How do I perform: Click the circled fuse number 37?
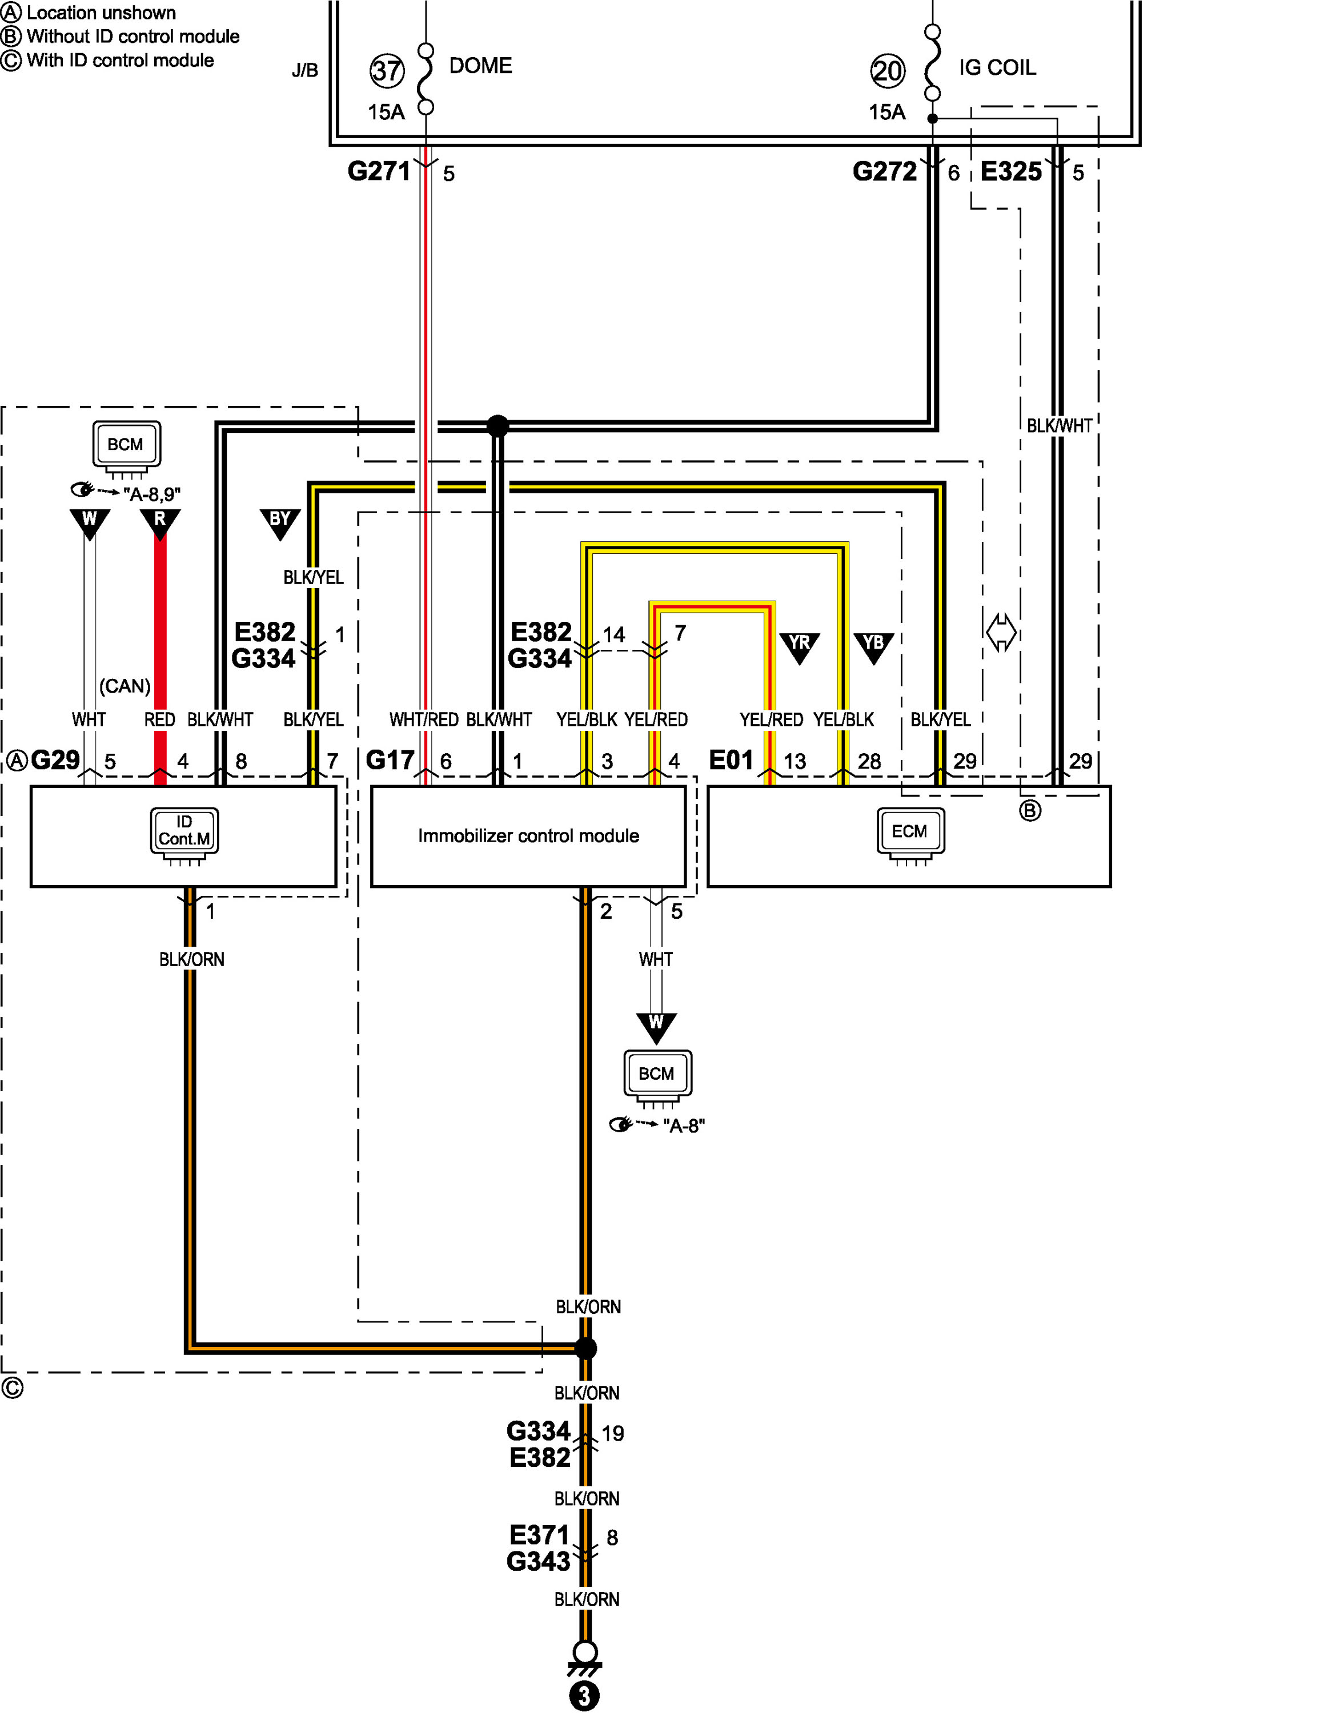(x=387, y=71)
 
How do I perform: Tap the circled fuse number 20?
(x=887, y=71)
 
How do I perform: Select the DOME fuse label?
(x=480, y=66)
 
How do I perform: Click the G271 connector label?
(x=379, y=171)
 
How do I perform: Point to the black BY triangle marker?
(x=280, y=524)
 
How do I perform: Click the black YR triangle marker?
(x=799, y=648)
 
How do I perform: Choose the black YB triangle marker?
(x=873, y=648)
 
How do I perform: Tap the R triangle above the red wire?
(x=160, y=524)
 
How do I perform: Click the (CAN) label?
(x=125, y=686)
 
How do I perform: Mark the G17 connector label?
(x=390, y=760)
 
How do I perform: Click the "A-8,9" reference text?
(x=152, y=494)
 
